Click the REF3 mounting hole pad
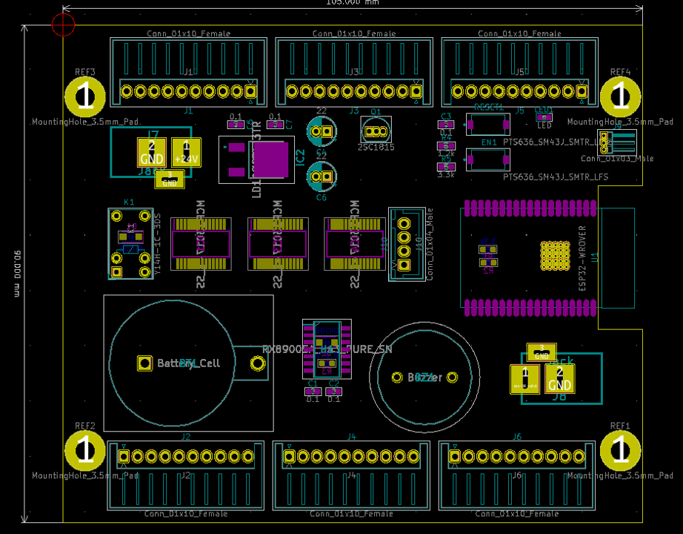click(85, 96)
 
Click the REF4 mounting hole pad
click(620, 96)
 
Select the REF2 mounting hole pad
click(85, 450)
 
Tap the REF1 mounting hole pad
click(620, 450)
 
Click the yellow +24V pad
click(186, 153)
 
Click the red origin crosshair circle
click(64, 24)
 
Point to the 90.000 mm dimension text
click(16, 274)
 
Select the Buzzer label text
click(424, 378)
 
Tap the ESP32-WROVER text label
click(582, 256)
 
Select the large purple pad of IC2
click(270, 159)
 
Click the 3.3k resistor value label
click(446, 175)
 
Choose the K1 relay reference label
click(129, 202)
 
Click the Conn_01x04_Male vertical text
click(429, 244)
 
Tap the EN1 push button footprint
click(487, 159)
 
